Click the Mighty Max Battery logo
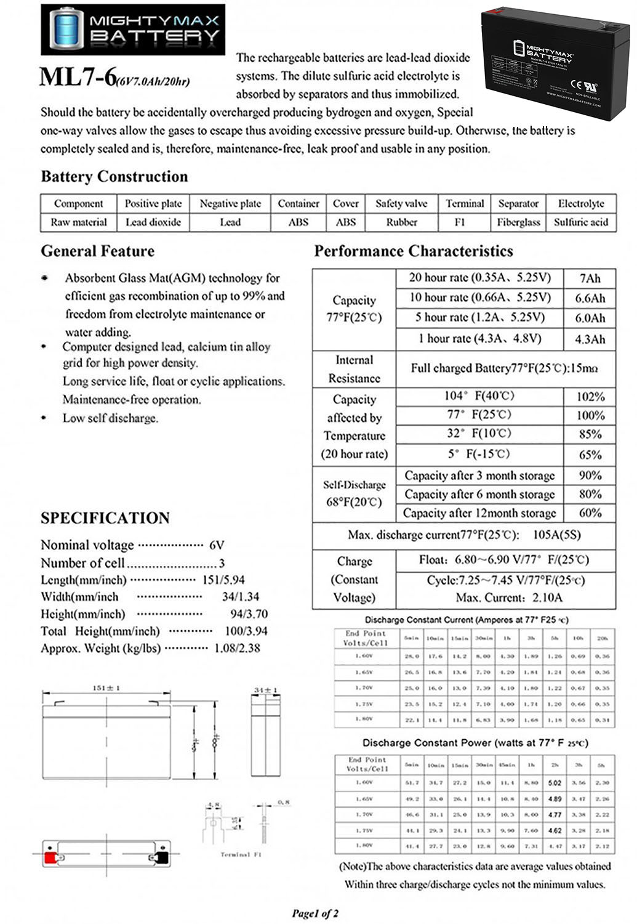tap(133, 29)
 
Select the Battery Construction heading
tap(114, 177)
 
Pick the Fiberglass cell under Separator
tap(518, 222)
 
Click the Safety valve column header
tap(401, 204)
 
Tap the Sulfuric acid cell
tap(581, 222)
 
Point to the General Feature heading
tap(98, 251)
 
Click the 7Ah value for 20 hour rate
tap(590, 278)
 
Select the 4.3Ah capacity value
tap(590, 339)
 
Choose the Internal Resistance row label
tap(354, 369)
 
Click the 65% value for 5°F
tap(590, 455)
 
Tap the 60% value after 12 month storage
tap(590, 513)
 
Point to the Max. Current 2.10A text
tap(509, 598)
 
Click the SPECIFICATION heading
tap(105, 518)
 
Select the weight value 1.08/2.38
tap(237, 648)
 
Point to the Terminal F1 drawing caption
tap(241, 854)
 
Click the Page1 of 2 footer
tap(315, 913)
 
